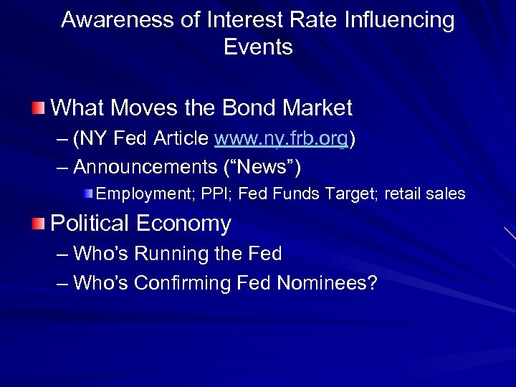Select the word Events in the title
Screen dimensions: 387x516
pyautogui.click(x=258, y=47)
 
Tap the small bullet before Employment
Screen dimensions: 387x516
pyautogui.click(x=87, y=193)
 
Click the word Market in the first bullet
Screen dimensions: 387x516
pyautogui.click(x=317, y=108)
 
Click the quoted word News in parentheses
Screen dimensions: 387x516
pyautogui.click(x=262, y=168)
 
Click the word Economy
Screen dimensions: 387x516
pyautogui.click(x=183, y=224)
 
